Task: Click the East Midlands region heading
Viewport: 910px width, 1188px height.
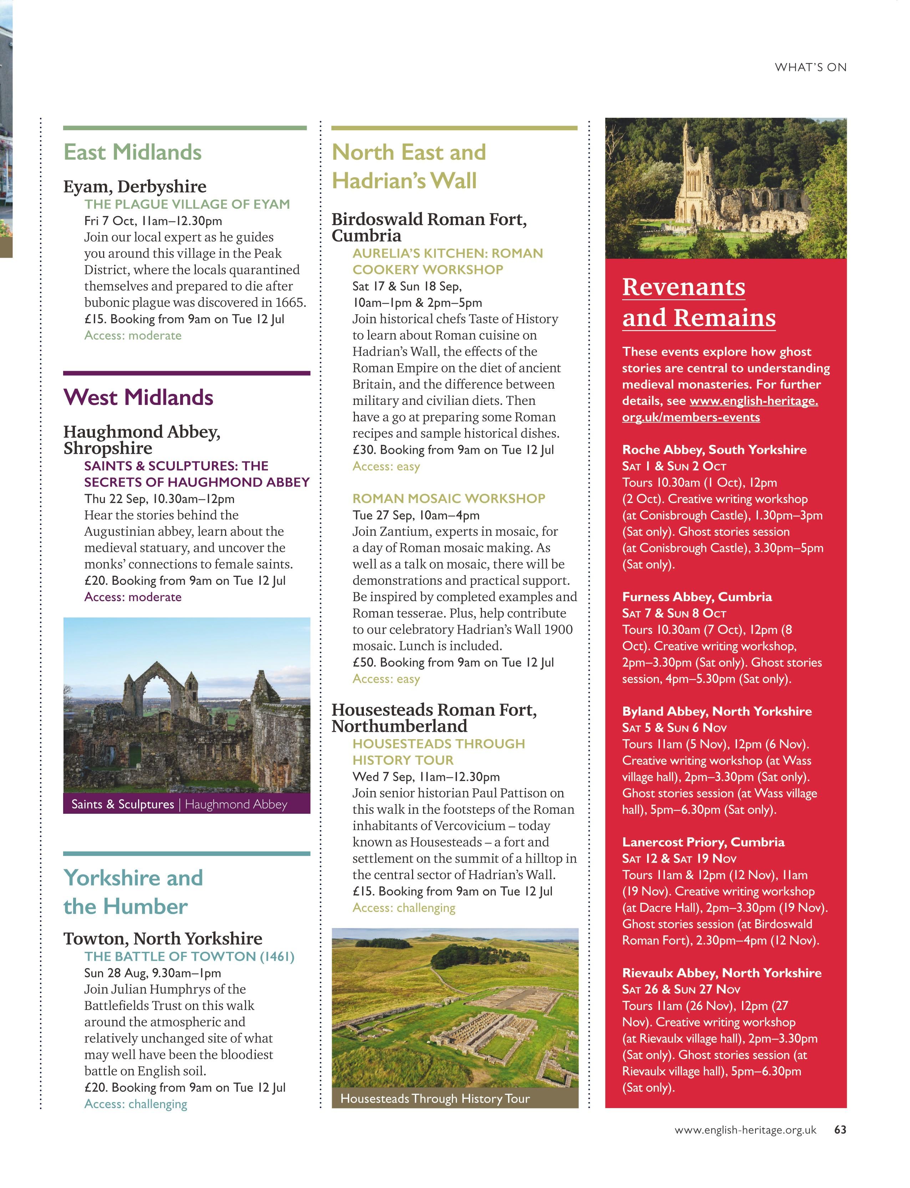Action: pyautogui.click(x=133, y=152)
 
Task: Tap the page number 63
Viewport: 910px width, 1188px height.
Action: pyautogui.click(x=840, y=1129)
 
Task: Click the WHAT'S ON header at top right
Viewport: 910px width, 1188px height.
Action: pyautogui.click(x=810, y=67)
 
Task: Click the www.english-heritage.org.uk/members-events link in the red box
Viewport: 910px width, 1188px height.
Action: pyautogui.click(x=721, y=409)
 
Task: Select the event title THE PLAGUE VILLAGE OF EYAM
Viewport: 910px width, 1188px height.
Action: pyautogui.click(x=187, y=204)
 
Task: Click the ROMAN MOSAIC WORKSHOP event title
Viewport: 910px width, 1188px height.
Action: pyautogui.click(x=448, y=498)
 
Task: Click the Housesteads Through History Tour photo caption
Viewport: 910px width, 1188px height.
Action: pyautogui.click(x=435, y=1098)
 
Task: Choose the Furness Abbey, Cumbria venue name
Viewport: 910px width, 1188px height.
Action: pyautogui.click(x=697, y=596)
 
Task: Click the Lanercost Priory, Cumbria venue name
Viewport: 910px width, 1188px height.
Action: pyautogui.click(x=703, y=842)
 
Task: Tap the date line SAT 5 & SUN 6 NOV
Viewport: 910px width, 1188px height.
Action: pyautogui.click(x=674, y=727)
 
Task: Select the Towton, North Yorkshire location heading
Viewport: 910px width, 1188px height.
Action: pyautogui.click(x=163, y=938)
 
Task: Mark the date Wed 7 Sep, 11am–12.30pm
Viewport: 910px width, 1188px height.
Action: pyautogui.click(x=426, y=776)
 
